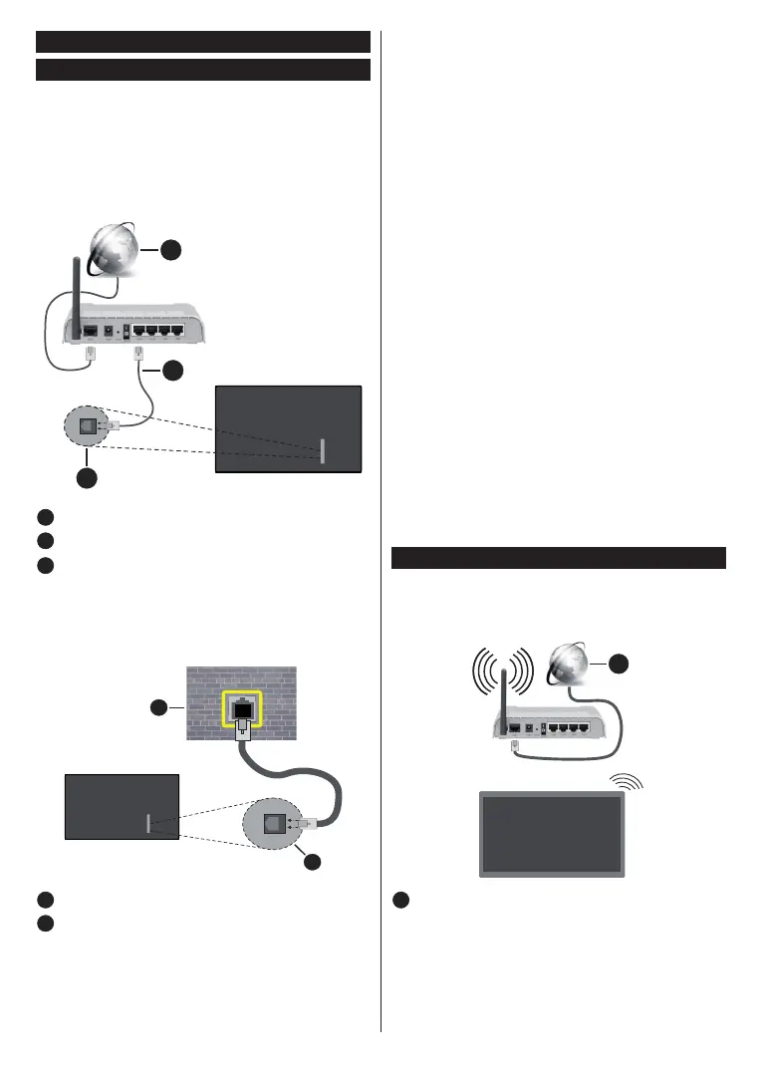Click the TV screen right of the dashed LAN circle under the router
pyautogui.click(x=287, y=427)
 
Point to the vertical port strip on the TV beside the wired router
pyautogui.click(x=322, y=450)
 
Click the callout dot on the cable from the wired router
pyautogui.click(x=174, y=371)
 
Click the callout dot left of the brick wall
pyautogui.click(x=158, y=708)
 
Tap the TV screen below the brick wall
pyautogui.click(x=121, y=805)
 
